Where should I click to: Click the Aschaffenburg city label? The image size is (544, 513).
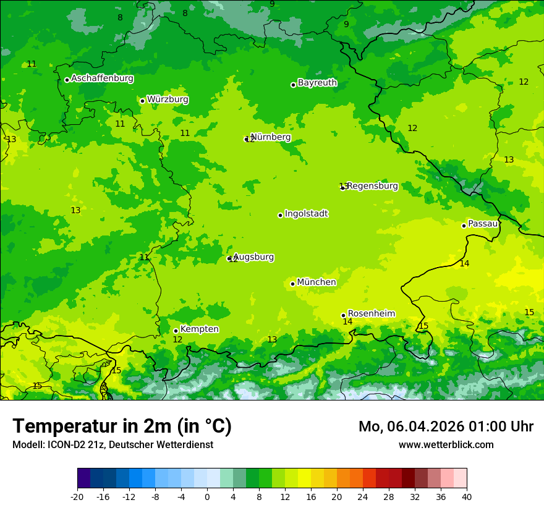click(102, 78)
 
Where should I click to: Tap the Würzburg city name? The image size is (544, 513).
click(168, 100)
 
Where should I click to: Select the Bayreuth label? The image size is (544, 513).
click(317, 83)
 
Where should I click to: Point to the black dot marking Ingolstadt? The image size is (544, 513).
click(280, 215)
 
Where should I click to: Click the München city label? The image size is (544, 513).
click(317, 282)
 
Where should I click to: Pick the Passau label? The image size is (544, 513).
click(483, 224)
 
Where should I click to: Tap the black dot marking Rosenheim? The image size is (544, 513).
click(343, 315)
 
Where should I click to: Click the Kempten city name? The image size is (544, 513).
click(199, 329)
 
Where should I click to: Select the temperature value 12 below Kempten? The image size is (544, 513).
click(177, 339)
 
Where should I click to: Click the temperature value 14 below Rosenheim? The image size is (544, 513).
click(347, 321)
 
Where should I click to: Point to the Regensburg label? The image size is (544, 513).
click(372, 186)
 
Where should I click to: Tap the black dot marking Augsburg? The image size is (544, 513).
click(229, 258)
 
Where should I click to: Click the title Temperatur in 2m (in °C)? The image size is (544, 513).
click(122, 426)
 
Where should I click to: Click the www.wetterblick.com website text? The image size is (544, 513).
click(446, 444)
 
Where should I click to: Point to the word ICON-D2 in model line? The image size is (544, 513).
click(68, 444)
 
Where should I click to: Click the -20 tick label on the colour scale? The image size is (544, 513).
click(77, 496)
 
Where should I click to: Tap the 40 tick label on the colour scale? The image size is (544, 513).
click(467, 496)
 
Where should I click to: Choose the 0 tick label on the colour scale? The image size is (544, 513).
click(207, 496)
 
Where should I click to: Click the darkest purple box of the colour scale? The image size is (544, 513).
click(83, 478)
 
